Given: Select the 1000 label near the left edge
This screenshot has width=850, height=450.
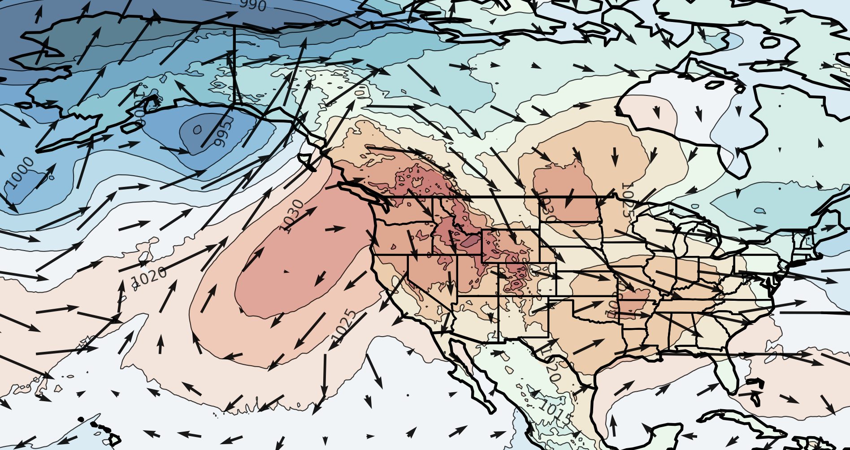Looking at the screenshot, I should (21, 172).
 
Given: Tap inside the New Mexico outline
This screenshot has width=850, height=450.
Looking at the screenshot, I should (523, 316).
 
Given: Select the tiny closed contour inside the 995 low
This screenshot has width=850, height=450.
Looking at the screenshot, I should (197, 130).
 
